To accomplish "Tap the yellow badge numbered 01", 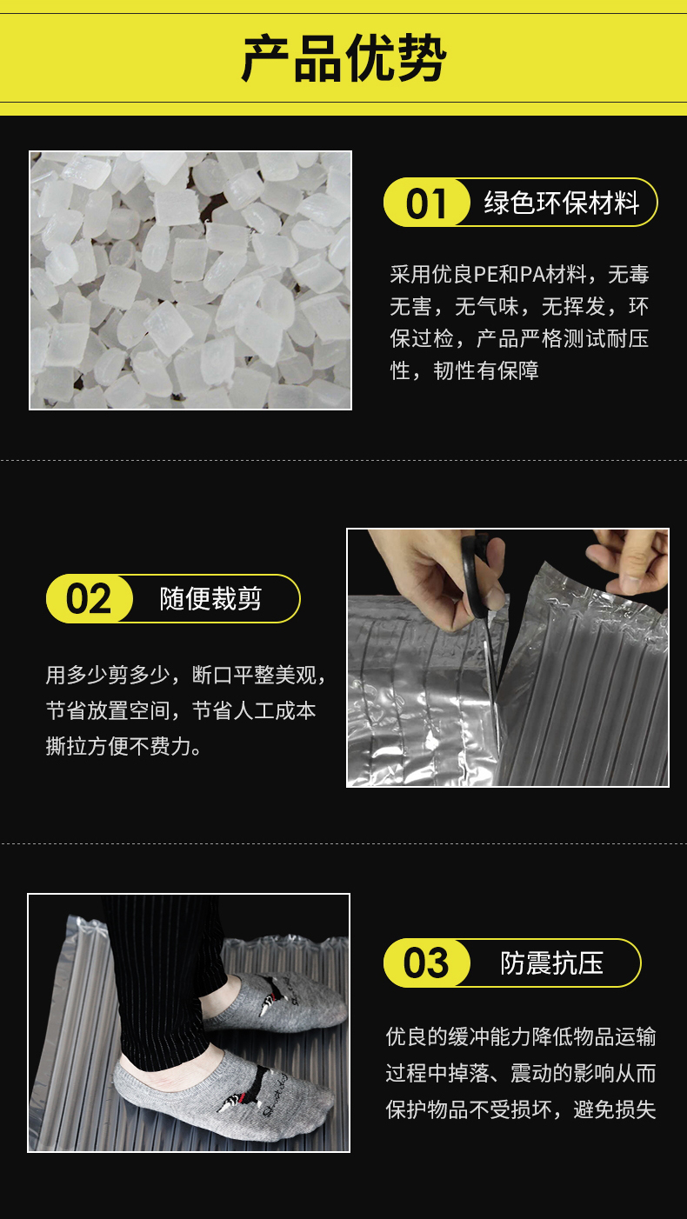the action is (426, 203).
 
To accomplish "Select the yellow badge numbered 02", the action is (90, 598).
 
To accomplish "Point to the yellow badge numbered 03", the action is (426, 963).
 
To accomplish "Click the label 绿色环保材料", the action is (561, 203).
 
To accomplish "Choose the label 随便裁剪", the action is (210, 598).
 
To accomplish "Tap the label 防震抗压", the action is (552, 963).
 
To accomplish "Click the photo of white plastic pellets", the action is (190, 280).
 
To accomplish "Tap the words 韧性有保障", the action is (486, 371).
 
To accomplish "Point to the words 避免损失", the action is (615, 1110).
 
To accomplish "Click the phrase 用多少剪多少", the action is (108, 675).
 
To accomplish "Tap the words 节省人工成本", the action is (254, 710).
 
